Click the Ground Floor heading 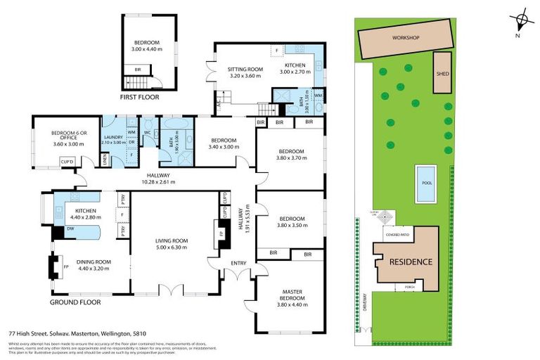[x=75, y=302]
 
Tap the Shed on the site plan [x=442, y=72]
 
